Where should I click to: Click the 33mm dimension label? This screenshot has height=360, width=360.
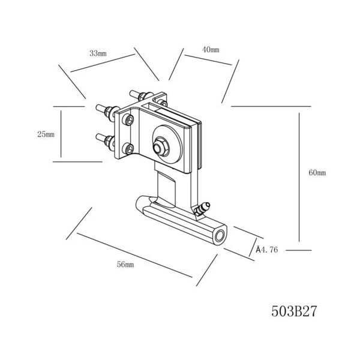click(x=98, y=53)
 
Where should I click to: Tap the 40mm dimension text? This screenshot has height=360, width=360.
click(x=211, y=50)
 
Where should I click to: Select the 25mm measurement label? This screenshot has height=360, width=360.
click(x=46, y=134)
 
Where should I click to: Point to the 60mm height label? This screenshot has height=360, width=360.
click(x=317, y=172)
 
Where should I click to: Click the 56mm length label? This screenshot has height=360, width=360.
click(x=125, y=265)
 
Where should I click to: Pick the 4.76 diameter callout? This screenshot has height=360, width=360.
click(x=267, y=250)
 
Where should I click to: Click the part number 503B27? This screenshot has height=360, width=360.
click(x=294, y=311)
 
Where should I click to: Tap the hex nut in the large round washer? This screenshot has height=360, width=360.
click(x=160, y=147)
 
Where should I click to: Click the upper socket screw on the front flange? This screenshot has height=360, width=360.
click(x=128, y=120)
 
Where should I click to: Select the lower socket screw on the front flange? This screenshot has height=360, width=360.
click(x=128, y=149)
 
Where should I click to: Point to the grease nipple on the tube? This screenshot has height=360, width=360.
click(x=202, y=208)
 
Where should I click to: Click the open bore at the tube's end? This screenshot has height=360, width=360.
click(x=220, y=236)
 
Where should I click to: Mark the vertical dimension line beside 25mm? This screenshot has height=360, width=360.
click(x=61, y=134)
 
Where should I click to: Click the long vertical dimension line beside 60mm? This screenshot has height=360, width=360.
click(x=299, y=177)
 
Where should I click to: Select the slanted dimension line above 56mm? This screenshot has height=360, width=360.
click(x=134, y=255)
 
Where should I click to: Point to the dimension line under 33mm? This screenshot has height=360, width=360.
click(x=103, y=63)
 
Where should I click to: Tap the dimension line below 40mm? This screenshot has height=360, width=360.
click(x=208, y=60)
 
